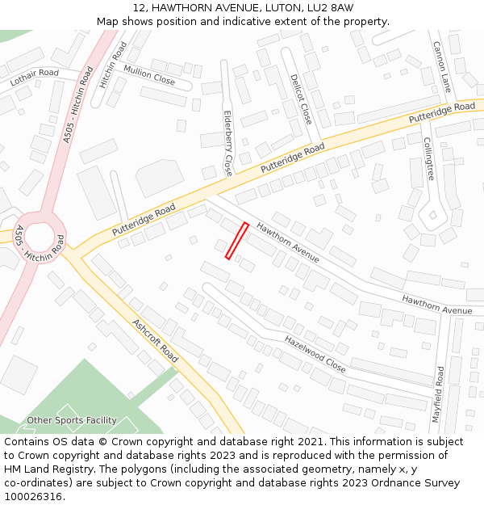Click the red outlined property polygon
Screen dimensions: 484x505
(236, 241)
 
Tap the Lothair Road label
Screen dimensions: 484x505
(35, 78)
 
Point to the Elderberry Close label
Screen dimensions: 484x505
(227, 144)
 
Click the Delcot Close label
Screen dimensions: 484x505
(300, 99)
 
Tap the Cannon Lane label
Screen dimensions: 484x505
(441, 66)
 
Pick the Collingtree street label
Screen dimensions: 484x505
(429, 158)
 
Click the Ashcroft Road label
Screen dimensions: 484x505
(155, 340)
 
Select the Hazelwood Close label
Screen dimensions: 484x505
(315, 353)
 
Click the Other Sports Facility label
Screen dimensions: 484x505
(72, 420)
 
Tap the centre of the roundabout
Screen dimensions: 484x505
(40, 236)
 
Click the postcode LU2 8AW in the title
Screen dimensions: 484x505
(330, 7)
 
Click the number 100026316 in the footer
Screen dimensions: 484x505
(34, 496)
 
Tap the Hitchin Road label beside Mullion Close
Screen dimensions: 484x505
(114, 64)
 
